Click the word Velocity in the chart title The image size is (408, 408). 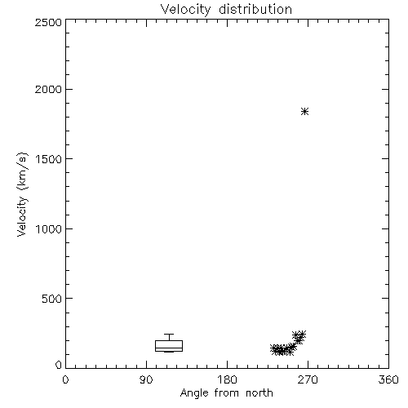(x=185, y=10)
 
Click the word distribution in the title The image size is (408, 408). (x=255, y=9)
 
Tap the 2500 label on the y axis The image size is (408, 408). (x=48, y=22)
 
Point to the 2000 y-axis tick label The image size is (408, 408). (x=48, y=89)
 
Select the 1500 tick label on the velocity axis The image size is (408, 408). (x=49, y=159)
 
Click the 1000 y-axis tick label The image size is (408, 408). (x=49, y=228)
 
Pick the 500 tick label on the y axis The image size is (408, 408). (x=51, y=299)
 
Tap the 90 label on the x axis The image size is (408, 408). (x=146, y=379)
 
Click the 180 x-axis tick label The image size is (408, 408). (x=227, y=379)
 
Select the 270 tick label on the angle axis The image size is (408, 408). (x=308, y=379)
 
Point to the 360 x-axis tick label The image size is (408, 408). (x=388, y=379)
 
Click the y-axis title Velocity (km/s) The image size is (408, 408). (x=22, y=194)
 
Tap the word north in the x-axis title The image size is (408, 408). (x=259, y=393)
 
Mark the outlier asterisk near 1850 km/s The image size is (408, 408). (x=304, y=111)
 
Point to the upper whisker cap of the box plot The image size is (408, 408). (x=169, y=335)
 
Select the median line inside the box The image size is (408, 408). (x=169, y=348)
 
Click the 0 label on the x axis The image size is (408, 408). (x=65, y=379)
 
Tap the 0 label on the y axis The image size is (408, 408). (x=59, y=365)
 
